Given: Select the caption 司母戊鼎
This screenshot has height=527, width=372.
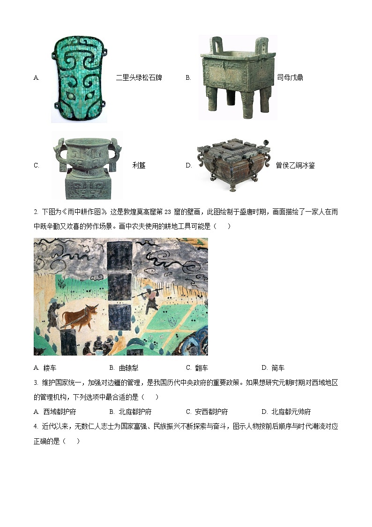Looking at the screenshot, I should [290, 77].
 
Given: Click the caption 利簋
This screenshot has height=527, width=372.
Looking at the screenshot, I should [139, 166].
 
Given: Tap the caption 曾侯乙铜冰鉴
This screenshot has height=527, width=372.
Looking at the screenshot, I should [295, 166].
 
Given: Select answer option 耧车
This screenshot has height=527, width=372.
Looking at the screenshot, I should [50, 368].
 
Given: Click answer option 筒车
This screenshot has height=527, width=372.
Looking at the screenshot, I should [277, 368].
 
